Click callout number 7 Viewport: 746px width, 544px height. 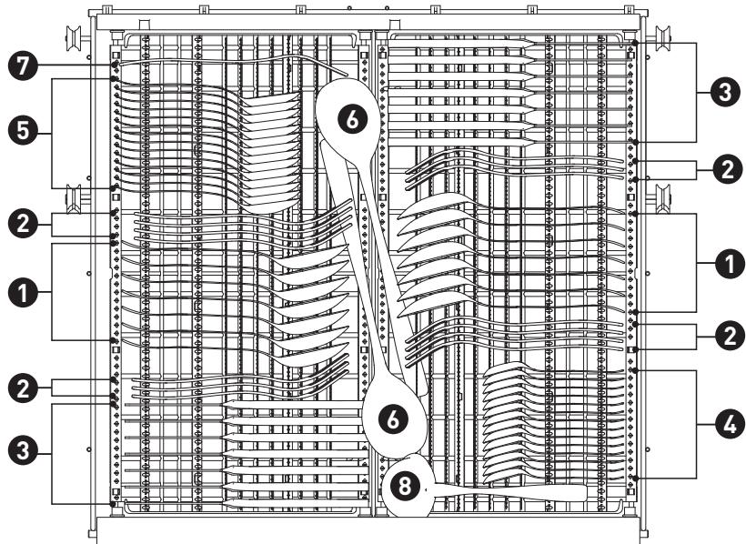coord(23,65)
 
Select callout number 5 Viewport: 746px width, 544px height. coord(23,132)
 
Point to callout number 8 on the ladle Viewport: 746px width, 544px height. coord(405,486)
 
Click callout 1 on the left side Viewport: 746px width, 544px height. coord(23,292)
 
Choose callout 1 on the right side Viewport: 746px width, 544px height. coord(730,263)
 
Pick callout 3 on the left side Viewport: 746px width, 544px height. coord(23,449)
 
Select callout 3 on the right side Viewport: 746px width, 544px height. coord(725,92)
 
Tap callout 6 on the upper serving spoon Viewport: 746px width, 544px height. coord(353,118)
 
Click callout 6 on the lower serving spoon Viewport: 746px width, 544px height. coord(393,419)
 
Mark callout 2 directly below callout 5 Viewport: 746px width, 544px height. coord(23,224)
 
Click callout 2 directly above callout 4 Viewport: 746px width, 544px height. coord(730,336)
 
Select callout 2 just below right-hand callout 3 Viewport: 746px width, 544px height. coord(728,170)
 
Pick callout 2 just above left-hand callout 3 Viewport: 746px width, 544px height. coord(23,388)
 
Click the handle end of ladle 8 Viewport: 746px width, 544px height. coord(583,493)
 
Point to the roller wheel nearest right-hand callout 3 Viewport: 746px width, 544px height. coord(662,37)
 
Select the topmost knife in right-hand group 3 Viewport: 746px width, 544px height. coord(462,45)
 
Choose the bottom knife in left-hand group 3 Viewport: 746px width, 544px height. coord(295,503)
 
